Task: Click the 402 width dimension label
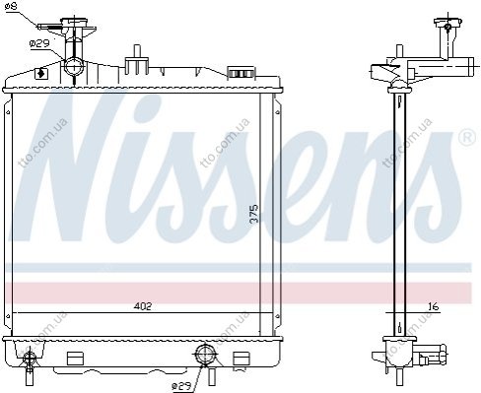[143, 306]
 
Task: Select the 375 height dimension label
[254, 214]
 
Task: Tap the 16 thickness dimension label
[434, 306]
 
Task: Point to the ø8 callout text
[12, 6]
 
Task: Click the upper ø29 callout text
[39, 43]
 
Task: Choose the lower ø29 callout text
[181, 387]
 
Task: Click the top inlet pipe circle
[74, 66]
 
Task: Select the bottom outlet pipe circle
[204, 354]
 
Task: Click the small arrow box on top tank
[41, 74]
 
